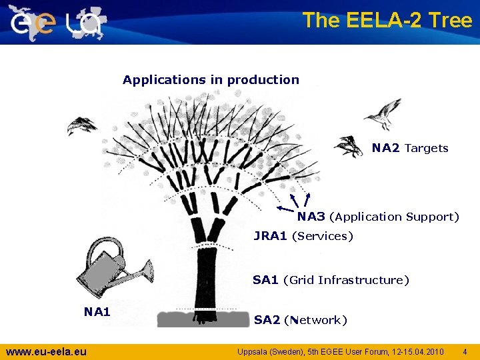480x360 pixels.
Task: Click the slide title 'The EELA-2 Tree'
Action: tap(387, 20)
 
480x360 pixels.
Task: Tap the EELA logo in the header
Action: tap(57, 23)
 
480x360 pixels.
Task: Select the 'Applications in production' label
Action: tap(211, 80)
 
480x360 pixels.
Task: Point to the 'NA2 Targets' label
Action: tap(410, 148)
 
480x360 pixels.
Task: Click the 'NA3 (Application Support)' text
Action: tap(378, 217)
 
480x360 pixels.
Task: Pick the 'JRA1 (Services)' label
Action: tap(303, 236)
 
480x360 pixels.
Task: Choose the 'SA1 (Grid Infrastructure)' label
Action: tap(331, 280)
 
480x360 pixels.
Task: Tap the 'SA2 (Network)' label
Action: tap(300, 320)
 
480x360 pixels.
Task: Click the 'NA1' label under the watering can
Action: tap(97, 311)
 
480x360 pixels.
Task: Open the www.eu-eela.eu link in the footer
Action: tap(46, 351)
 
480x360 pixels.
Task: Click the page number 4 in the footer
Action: tap(465, 351)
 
